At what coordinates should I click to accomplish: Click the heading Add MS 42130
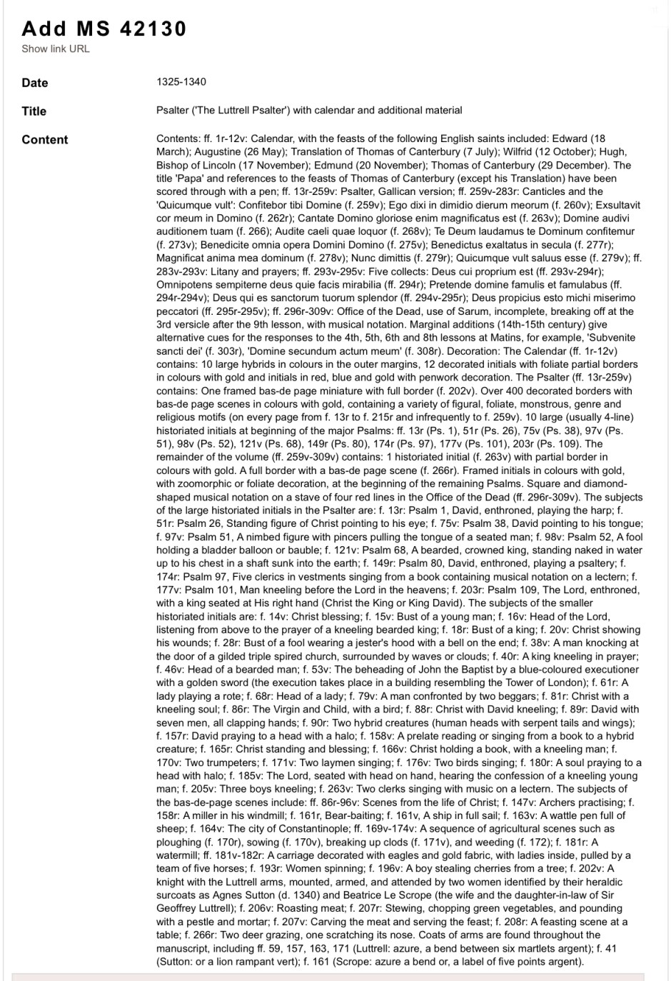[x=104, y=29]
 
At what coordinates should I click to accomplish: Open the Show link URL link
[x=56, y=49]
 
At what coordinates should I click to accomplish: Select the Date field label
[x=35, y=83]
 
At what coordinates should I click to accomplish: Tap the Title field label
[x=34, y=111]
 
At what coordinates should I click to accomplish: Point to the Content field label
[x=44, y=140]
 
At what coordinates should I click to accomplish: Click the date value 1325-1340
[x=181, y=82]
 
